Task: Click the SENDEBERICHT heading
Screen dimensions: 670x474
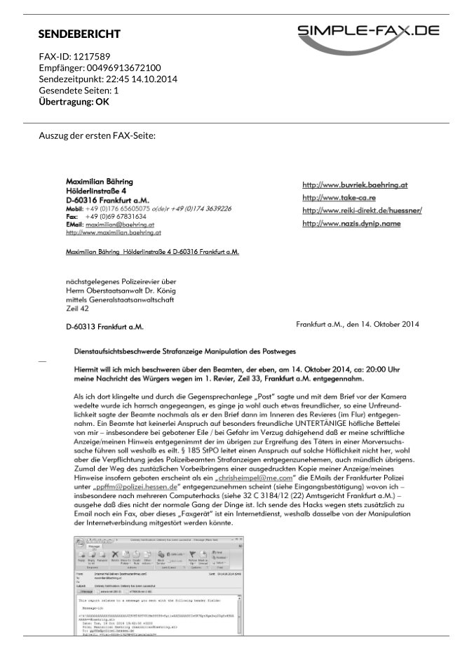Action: (x=79, y=34)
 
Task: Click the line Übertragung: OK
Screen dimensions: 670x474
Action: (x=74, y=101)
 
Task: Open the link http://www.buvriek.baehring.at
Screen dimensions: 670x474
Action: (x=355, y=185)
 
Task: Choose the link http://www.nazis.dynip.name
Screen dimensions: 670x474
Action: (x=351, y=223)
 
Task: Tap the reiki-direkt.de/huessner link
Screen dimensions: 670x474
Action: (x=362, y=210)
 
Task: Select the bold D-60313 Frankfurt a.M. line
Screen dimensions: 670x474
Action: (x=104, y=327)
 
